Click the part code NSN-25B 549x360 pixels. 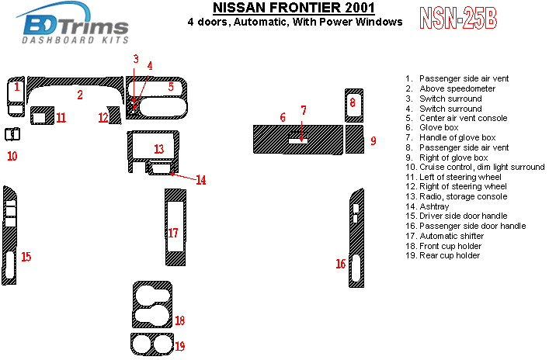pos(458,19)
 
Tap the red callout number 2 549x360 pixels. pos(79,95)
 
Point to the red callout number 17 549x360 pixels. pos(173,233)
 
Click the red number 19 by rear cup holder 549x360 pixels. pos(179,345)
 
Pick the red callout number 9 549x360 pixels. pos(373,140)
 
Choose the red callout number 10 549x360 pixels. pos(12,156)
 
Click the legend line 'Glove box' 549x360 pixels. pos(439,127)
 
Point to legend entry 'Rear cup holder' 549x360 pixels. pos(450,255)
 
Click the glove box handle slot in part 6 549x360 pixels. pos(298,141)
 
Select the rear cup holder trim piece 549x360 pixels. pos(151,343)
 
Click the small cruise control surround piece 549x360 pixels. pos(12,134)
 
